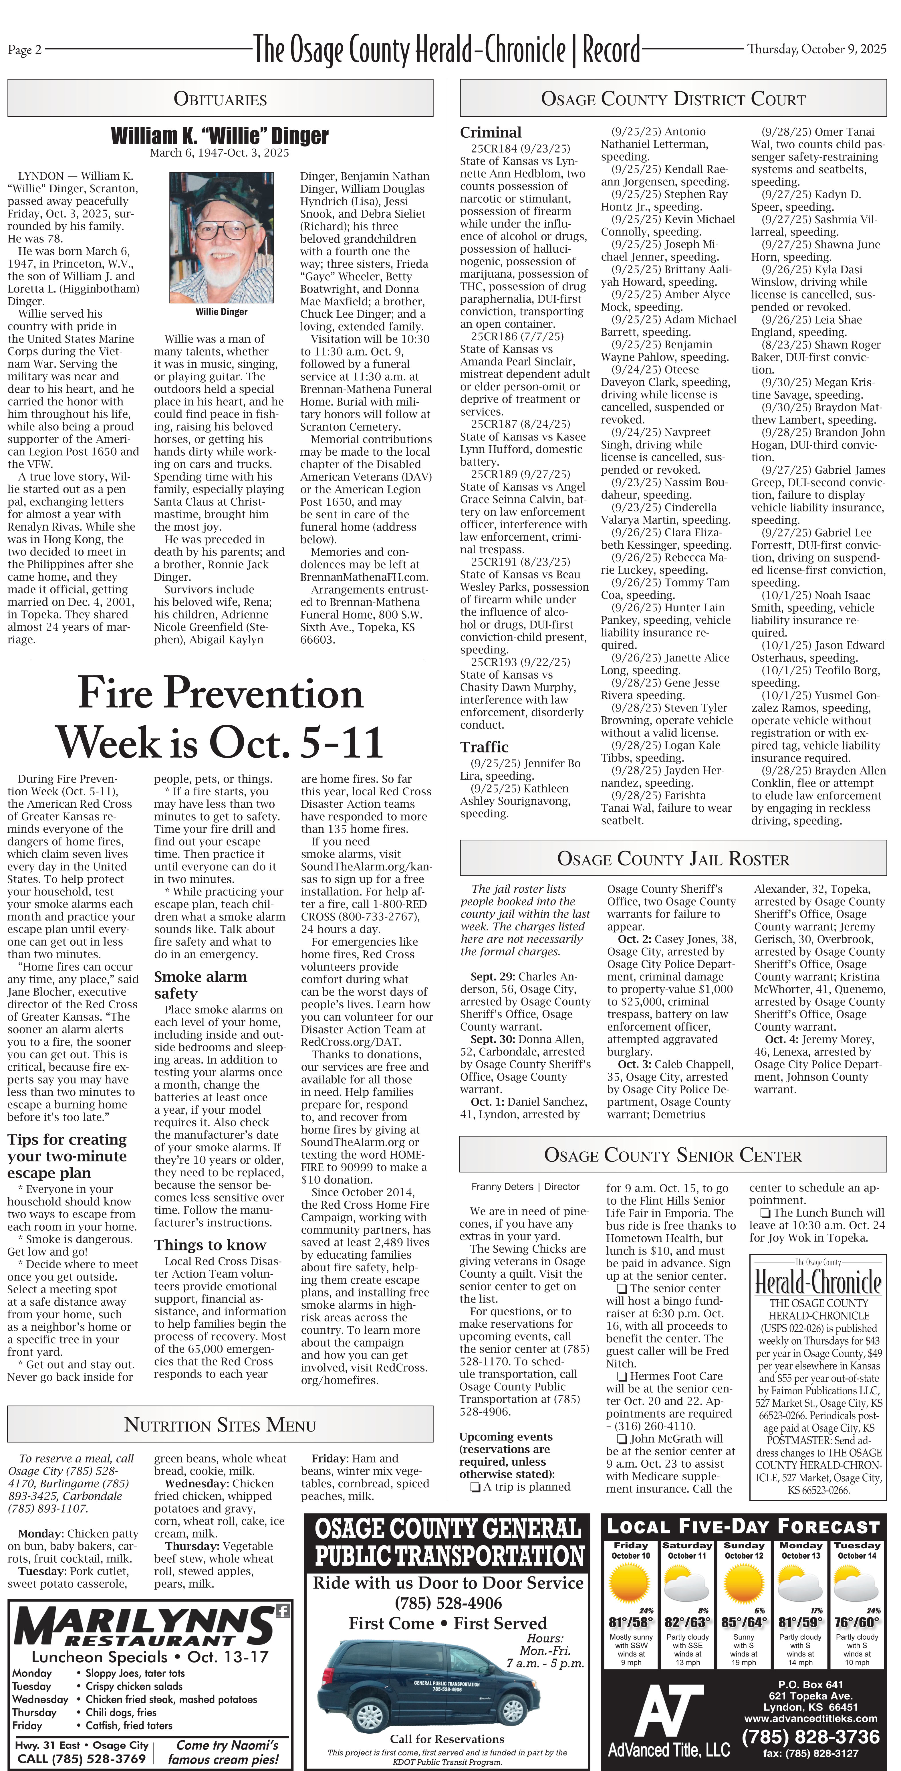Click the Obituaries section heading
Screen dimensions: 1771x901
(x=220, y=99)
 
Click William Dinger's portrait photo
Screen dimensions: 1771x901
(x=221, y=238)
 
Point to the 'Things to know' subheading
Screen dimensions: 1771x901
(x=210, y=1245)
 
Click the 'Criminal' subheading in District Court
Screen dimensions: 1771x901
(x=491, y=132)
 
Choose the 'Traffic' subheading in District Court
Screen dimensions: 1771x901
(x=485, y=747)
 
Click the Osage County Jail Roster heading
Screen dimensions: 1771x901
(x=673, y=859)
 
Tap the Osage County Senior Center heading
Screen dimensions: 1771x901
(x=673, y=1155)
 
